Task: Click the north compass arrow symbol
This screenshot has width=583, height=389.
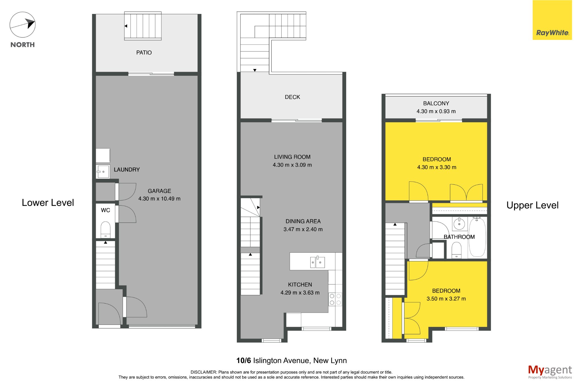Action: tap(22, 25)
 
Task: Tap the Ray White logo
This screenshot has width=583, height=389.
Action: tap(552, 20)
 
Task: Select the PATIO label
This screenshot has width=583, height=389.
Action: tap(144, 53)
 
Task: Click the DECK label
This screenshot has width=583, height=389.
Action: tap(292, 97)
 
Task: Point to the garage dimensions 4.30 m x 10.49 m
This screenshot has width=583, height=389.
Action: tap(159, 199)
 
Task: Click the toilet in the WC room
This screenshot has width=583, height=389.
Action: tap(106, 230)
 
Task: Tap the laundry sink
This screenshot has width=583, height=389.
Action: tap(103, 172)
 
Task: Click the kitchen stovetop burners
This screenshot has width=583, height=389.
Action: tap(335, 299)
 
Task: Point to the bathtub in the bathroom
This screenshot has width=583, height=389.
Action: tap(477, 237)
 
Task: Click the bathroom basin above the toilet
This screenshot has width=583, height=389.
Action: tap(459, 224)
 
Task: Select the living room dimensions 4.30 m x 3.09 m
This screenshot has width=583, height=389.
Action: tap(292, 165)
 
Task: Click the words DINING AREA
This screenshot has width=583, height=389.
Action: tap(303, 221)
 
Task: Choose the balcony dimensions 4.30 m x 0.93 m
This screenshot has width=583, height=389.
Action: tap(436, 111)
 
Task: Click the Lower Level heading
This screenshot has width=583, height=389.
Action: tap(48, 203)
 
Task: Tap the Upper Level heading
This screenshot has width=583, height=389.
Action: tap(532, 205)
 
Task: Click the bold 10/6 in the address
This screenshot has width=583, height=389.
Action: tap(244, 361)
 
